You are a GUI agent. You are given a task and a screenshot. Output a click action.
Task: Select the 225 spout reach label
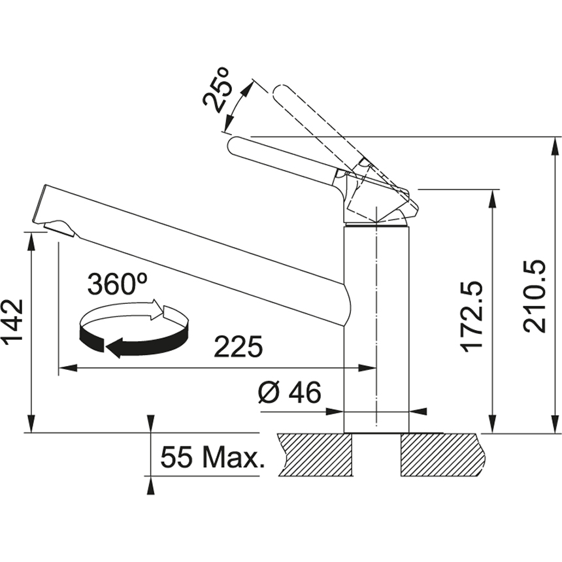click(238, 346)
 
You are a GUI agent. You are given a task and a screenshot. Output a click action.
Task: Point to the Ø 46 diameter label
click(289, 392)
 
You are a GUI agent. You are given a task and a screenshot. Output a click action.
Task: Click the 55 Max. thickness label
click(212, 457)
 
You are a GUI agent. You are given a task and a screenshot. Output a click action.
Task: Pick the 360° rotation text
click(118, 284)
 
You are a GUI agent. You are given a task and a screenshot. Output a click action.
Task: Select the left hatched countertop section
click(315, 454)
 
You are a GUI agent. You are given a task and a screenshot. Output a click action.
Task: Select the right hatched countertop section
click(444, 454)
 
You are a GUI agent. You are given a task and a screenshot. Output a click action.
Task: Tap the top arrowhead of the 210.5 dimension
click(556, 146)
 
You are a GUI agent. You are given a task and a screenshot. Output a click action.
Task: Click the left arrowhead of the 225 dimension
click(68, 368)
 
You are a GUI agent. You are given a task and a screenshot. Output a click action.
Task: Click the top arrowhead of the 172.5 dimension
click(493, 199)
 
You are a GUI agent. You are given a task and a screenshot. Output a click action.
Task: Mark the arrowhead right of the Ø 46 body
click(418, 412)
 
